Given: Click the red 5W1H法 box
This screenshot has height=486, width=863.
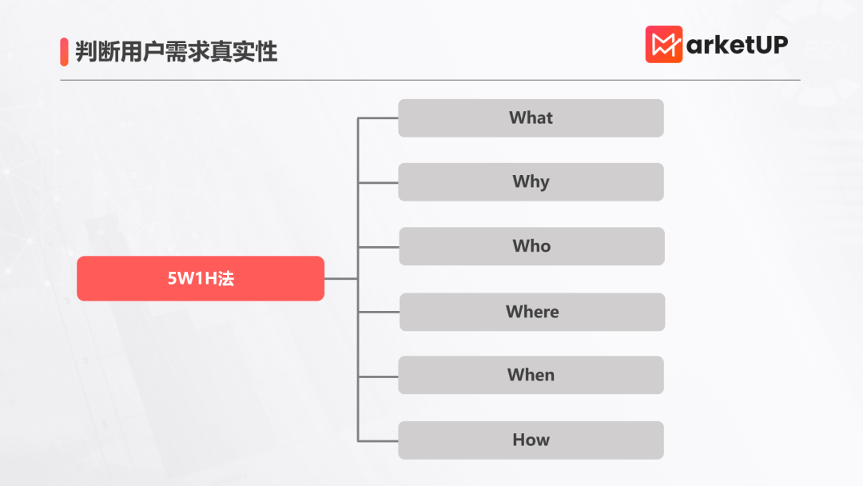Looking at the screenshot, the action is pos(201,278).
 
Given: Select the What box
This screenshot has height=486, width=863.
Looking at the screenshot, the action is pos(531,118).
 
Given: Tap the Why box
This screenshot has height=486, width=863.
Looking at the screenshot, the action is pos(531,181).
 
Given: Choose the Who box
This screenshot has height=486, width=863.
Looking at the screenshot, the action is pos(531,246).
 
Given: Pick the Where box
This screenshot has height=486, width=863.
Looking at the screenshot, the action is pos(532,312).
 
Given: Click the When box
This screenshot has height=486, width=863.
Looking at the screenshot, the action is pos(531,375).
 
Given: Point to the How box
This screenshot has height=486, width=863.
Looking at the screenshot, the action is pos(531,440).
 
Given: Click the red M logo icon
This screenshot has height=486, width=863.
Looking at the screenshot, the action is pos(664,44).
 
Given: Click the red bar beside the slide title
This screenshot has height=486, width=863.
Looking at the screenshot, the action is pos(64,52).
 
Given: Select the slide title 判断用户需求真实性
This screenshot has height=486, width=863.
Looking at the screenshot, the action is pos(176,52).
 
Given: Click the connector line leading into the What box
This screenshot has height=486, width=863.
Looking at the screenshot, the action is pos(378,118).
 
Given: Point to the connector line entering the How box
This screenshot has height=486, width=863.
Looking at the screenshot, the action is pos(378,441).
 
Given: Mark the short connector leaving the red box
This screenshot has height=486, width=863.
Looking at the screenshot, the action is pos(340,278).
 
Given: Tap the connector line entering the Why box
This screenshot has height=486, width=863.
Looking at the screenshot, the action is pos(378,182).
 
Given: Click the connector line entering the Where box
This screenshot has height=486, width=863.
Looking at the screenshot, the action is pos(379,312).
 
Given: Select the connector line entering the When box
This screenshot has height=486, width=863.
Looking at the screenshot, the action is pos(378,376).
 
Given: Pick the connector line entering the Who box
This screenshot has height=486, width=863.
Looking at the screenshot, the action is pos(379,247).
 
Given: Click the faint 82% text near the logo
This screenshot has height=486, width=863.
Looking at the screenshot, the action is pos(829,50).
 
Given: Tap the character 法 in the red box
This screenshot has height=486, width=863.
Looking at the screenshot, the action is pos(225,278).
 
